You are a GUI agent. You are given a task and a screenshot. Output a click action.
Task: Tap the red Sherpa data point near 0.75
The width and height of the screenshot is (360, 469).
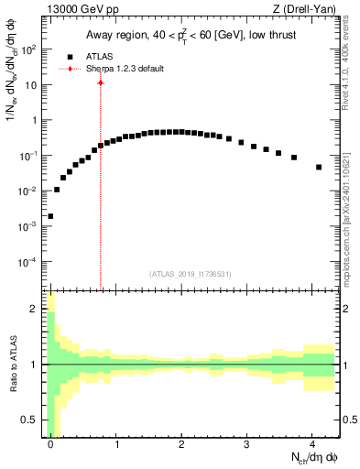[101, 83]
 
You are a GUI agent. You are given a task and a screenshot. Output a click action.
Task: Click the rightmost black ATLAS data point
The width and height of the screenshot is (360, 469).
[318, 168]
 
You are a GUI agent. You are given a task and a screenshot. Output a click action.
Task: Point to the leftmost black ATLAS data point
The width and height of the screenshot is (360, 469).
[50, 217]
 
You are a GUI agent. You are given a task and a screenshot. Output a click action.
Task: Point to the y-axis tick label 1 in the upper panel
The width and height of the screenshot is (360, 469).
[35, 120]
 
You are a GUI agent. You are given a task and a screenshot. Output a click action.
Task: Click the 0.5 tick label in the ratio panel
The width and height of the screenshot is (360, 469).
[30, 420]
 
